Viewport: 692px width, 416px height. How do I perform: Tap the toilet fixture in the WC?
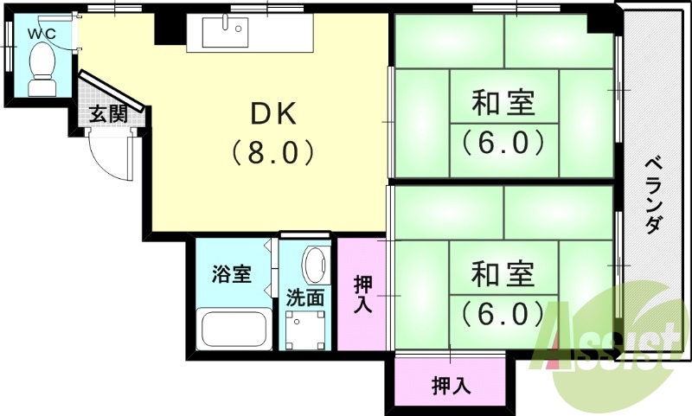pyautogui.click(x=42, y=69)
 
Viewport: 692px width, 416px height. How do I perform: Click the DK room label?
pyautogui.click(x=273, y=114)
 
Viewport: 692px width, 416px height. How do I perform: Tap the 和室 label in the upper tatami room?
pyautogui.click(x=503, y=104)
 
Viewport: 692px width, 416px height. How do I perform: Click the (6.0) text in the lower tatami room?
pyautogui.click(x=503, y=311)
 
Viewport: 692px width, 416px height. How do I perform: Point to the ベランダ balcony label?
pyautogui.click(x=654, y=194)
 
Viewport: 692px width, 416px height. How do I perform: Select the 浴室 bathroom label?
pyautogui.click(x=232, y=275)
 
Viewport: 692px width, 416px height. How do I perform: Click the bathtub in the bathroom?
pyautogui.click(x=231, y=330)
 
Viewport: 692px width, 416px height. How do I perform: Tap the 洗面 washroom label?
pyautogui.click(x=305, y=298)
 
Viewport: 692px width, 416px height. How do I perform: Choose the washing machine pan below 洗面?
pyautogui.click(x=306, y=329)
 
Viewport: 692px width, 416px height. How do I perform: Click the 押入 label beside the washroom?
pyautogui.click(x=363, y=294)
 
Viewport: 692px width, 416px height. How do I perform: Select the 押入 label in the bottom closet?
pyautogui.click(x=452, y=387)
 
